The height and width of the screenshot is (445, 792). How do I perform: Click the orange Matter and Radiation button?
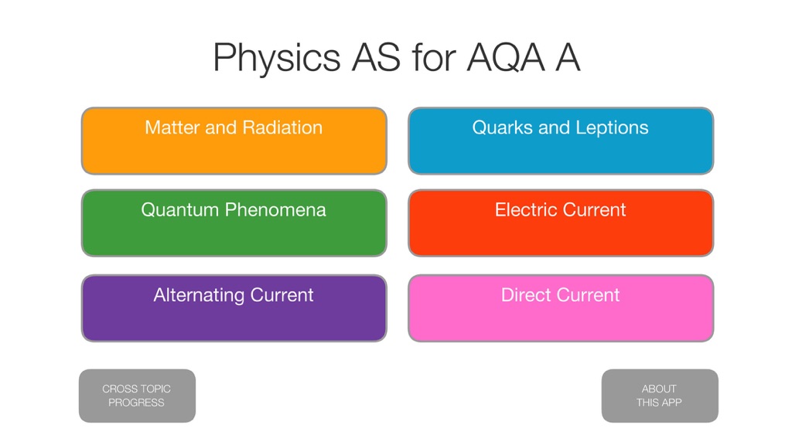tap(234, 141)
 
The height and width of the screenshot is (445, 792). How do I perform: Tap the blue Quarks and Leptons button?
tap(561, 141)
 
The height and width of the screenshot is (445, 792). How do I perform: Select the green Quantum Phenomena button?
tap(234, 223)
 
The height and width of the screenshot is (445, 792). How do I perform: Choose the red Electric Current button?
tap(561, 223)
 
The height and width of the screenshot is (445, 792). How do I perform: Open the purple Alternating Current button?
tap(234, 308)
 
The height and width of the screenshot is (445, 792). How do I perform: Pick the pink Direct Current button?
tap(561, 308)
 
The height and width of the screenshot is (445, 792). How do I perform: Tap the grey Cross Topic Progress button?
tap(137, 396)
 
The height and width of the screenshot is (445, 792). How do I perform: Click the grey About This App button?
tap(660, 396)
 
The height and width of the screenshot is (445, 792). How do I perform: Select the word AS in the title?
tap(377, 57)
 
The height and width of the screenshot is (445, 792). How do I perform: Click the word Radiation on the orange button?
tap(282, 127)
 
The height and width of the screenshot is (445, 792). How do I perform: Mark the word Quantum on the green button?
tap(179, 210)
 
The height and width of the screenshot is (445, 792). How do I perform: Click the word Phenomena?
tap(276, 210)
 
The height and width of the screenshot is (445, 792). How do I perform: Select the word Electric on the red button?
tap(526, 210)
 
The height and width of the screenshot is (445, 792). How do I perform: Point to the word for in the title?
tap(434, 57)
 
